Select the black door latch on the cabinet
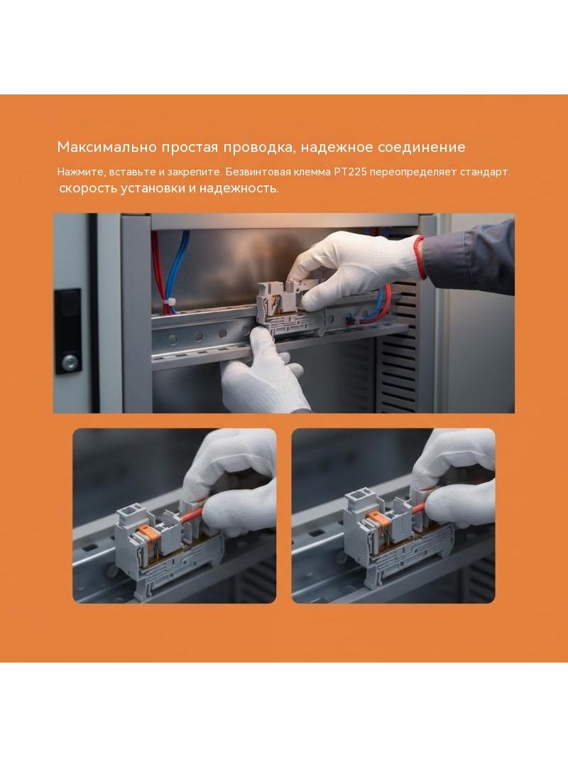(68, 331)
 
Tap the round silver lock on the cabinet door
(70, 361)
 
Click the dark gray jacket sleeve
(468, 258)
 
